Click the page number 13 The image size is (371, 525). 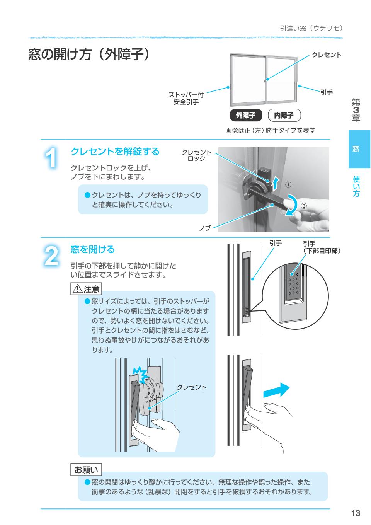click(x=356, y=513)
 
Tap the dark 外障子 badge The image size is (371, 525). click(x=246, y=115)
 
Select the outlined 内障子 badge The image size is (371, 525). click(x=284, y=115)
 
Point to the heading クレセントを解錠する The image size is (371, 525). click(x=115, y=152)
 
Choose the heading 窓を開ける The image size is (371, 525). click(x=93, y=250)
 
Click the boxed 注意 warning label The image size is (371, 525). click(x=86, y=288)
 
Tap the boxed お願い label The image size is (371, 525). click(x=86, y=470)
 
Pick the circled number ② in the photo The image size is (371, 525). click(x=303, y=206)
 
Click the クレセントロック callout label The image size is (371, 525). click(x=196, y=155)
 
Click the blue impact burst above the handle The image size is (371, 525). click(x=140, y=373)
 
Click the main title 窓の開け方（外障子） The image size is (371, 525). click(x=89, y=55)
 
